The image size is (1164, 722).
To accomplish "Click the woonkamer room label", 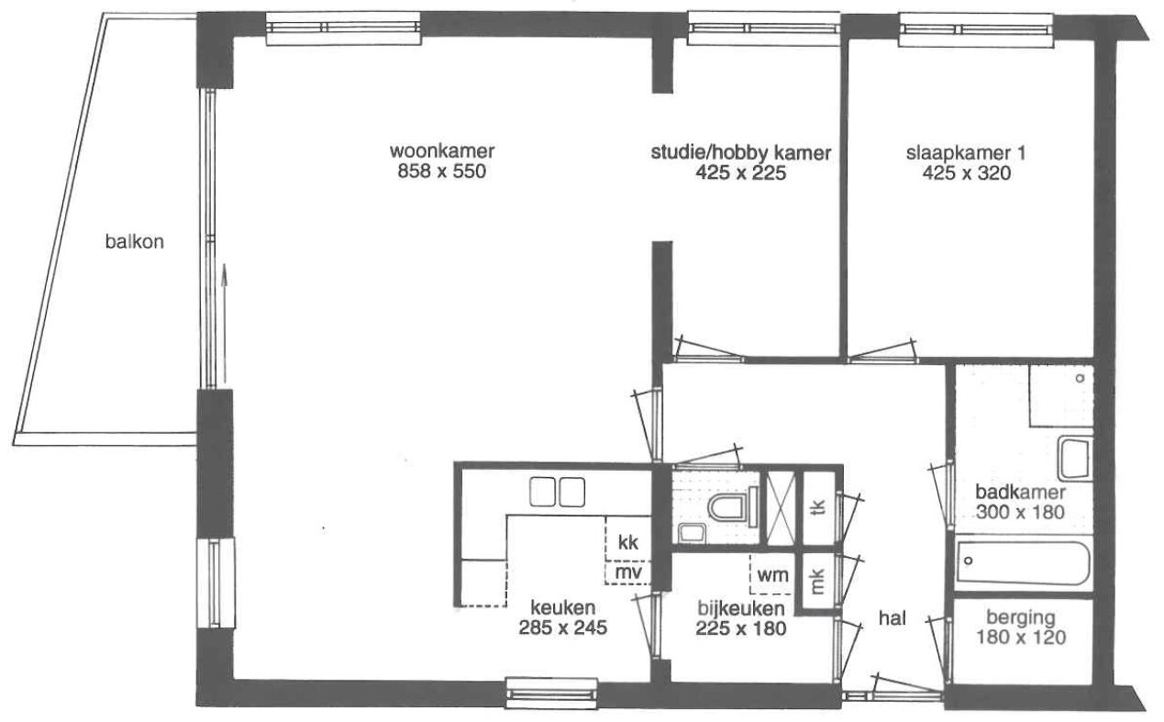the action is [442, 151].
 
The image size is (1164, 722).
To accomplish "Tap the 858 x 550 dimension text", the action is [442, 171].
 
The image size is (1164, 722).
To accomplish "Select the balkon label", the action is [135, 241].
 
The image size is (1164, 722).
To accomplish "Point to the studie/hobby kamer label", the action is [741, 153].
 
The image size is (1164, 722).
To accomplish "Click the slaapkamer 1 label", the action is [967, 153].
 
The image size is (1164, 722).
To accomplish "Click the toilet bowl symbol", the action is [733, 506].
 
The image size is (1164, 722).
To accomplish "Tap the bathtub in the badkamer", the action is [1023, 563].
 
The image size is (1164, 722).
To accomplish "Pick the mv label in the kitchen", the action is [628, 572].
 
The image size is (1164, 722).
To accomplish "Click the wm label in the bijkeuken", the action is [772, 575].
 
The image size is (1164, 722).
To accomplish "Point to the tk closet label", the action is [818, 507].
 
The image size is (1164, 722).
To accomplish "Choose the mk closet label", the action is [818, 582].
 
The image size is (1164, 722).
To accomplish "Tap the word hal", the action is [892, 618].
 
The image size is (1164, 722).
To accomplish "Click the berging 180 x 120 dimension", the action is [1021, 638].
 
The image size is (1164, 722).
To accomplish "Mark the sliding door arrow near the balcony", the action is [225, 323].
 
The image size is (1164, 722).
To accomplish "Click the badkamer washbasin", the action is [1075, 458].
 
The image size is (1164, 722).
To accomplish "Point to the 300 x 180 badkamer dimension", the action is [1021, 513].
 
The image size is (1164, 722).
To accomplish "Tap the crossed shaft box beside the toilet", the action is [782, 508].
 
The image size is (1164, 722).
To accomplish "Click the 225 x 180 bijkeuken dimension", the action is [741, 628].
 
